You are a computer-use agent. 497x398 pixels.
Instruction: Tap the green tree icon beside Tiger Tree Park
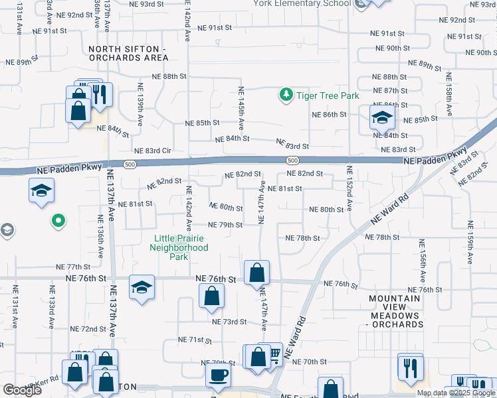tap(286, 96)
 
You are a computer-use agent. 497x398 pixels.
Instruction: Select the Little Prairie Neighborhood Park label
tap(181, 247)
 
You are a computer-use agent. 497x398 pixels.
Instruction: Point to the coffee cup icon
tap(218, 375)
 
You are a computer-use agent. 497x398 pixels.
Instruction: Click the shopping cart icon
tap(272, 356)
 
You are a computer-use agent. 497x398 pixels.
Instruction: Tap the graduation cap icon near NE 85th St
tap(382, 119)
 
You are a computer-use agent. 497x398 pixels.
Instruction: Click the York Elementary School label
tap(302, 3)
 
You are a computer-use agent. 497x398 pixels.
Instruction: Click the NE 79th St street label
tap(225, 225)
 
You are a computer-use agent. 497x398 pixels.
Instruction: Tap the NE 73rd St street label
tap(229, 322)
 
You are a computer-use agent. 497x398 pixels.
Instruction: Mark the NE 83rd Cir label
tap(153, 151)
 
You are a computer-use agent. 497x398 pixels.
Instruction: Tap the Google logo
tap(22, 390)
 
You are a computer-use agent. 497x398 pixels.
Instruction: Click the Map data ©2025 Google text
tap(456, 393)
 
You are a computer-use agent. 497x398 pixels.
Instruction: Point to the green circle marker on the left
tap(58, 220)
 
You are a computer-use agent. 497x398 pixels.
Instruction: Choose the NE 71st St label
tap(195, 340)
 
